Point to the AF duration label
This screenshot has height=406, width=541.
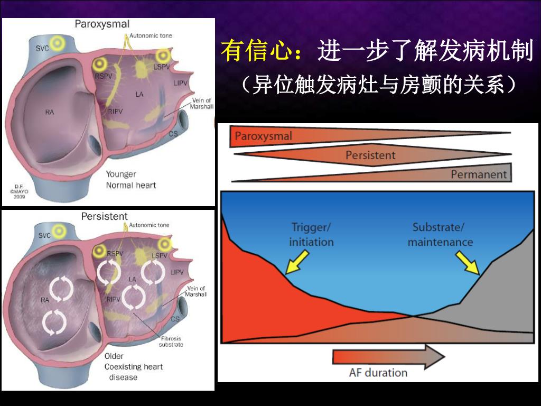click(x=378, y=372)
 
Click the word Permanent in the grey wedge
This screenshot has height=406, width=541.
click(x=479, y=174)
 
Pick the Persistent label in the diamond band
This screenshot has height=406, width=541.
click(x=370, y=155)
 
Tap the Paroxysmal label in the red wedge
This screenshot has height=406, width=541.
click(x=263, y=136)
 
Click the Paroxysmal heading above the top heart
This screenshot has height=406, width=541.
click(x=102, y=24)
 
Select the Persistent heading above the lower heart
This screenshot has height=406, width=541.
click(x=105, y=216)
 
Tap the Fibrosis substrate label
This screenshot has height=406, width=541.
click(x=171, y=342)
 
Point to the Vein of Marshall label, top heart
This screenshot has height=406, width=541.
click(x=201, y=103)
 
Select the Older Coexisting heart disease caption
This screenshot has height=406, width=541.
click(x=133, y=366)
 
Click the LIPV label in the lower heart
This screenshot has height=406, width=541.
click(x=178, y=272)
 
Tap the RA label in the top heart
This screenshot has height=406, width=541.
click(x=49, y=112)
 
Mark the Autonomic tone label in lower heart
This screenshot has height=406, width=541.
click(x=149, y=225)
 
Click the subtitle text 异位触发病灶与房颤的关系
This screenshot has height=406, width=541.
click(x=378, y=85)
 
